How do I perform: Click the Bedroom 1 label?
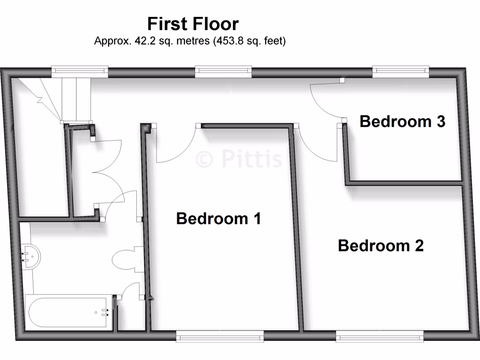[218, 218]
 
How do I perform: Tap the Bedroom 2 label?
[381, 246]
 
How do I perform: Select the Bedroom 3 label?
[402, 121]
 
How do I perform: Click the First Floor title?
[193, 23]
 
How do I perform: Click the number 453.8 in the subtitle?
[229, 41]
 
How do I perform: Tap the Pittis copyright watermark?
[239, 159]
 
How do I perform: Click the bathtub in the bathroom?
[68, 312]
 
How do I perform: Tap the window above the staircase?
[80, 71]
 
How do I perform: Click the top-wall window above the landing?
[223, 71]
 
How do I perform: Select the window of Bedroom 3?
[401, 71]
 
